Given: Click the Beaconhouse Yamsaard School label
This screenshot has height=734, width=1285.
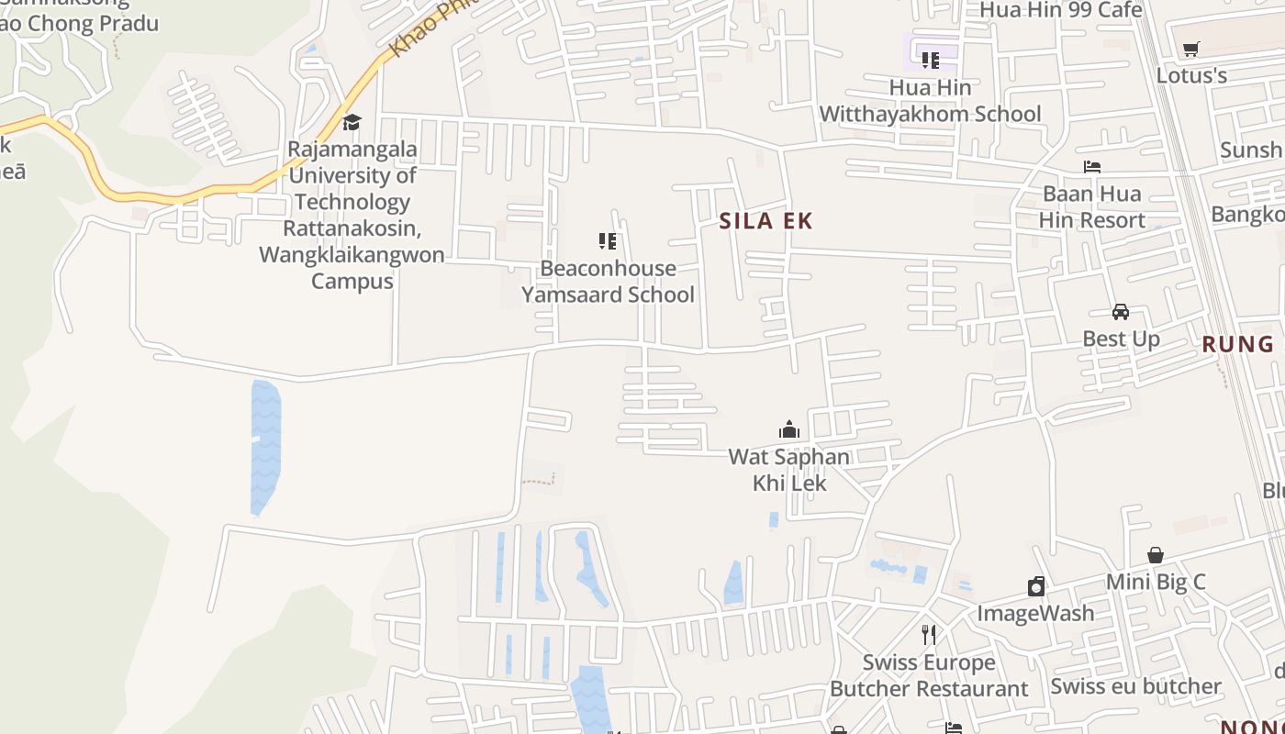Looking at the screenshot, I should [x=608, y=282].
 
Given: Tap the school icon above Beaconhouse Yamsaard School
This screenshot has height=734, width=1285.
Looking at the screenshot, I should [x=608, y=241].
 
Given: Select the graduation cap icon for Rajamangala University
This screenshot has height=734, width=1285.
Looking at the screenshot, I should [x=352, y=122].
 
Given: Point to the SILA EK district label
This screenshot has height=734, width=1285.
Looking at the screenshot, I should [x=766, y=221].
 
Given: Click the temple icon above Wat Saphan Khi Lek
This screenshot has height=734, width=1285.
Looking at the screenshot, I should [x=789, y=429].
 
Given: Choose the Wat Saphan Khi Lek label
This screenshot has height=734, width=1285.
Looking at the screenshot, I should [x=789, y=470].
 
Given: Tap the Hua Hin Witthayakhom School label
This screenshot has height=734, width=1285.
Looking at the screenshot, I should [x=930, y=101].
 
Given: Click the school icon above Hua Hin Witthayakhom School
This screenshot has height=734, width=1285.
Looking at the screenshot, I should [x=931, y=61].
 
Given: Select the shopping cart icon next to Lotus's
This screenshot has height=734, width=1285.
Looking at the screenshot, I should [x=1191, y=49].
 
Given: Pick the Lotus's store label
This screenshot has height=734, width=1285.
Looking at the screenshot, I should [x=1191, y=75].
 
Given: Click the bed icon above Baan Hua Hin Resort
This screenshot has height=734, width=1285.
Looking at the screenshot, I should [x=1092, y=166].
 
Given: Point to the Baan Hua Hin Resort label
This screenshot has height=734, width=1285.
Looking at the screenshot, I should [x=1092, y=207].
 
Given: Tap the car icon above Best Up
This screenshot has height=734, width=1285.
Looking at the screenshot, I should [x=1121, y=312].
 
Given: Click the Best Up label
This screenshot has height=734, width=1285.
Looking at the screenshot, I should [x=1121, y=339].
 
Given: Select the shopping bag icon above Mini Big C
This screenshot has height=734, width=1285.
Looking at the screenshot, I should [x=1156, y=555].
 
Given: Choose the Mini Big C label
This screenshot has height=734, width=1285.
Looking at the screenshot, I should [x=1156, y=582].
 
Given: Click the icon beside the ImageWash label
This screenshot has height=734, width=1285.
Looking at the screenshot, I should [x=1036, y=586].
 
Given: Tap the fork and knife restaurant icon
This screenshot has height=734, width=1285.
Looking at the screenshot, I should [x=929, y=634].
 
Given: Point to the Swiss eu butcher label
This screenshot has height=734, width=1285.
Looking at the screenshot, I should [x=1135, y=686].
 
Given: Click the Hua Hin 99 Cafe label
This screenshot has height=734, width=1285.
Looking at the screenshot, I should [x=1061, y=10].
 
